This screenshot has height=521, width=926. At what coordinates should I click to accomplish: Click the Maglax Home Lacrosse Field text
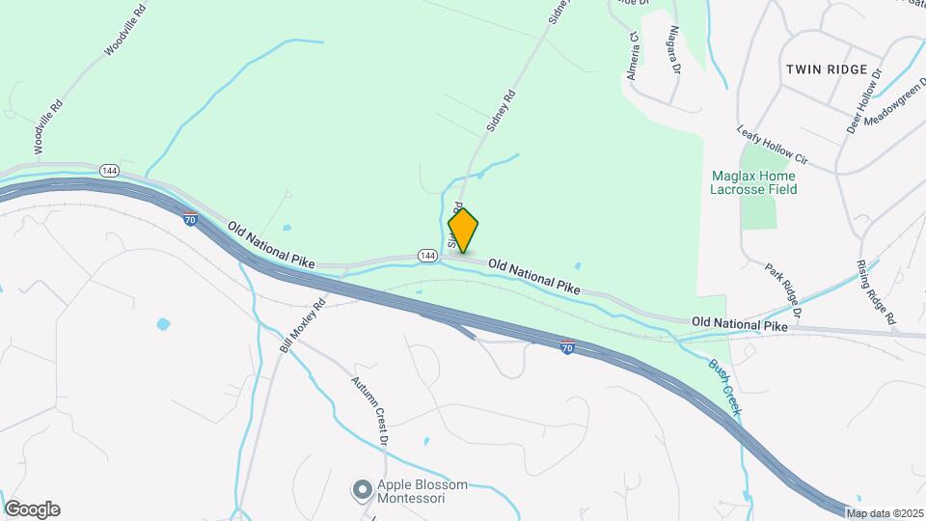(753, 182)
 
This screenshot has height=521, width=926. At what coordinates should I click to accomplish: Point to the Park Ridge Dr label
(783, 289)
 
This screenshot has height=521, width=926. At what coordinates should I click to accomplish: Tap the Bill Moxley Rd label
(303, 323)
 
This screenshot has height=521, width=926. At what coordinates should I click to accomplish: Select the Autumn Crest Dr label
(368, 411)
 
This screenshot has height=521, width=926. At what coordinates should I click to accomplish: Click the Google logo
(32, 509)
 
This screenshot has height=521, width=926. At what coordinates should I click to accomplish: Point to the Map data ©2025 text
(885, 512)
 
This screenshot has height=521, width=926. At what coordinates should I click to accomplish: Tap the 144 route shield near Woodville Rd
(107, 171)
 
